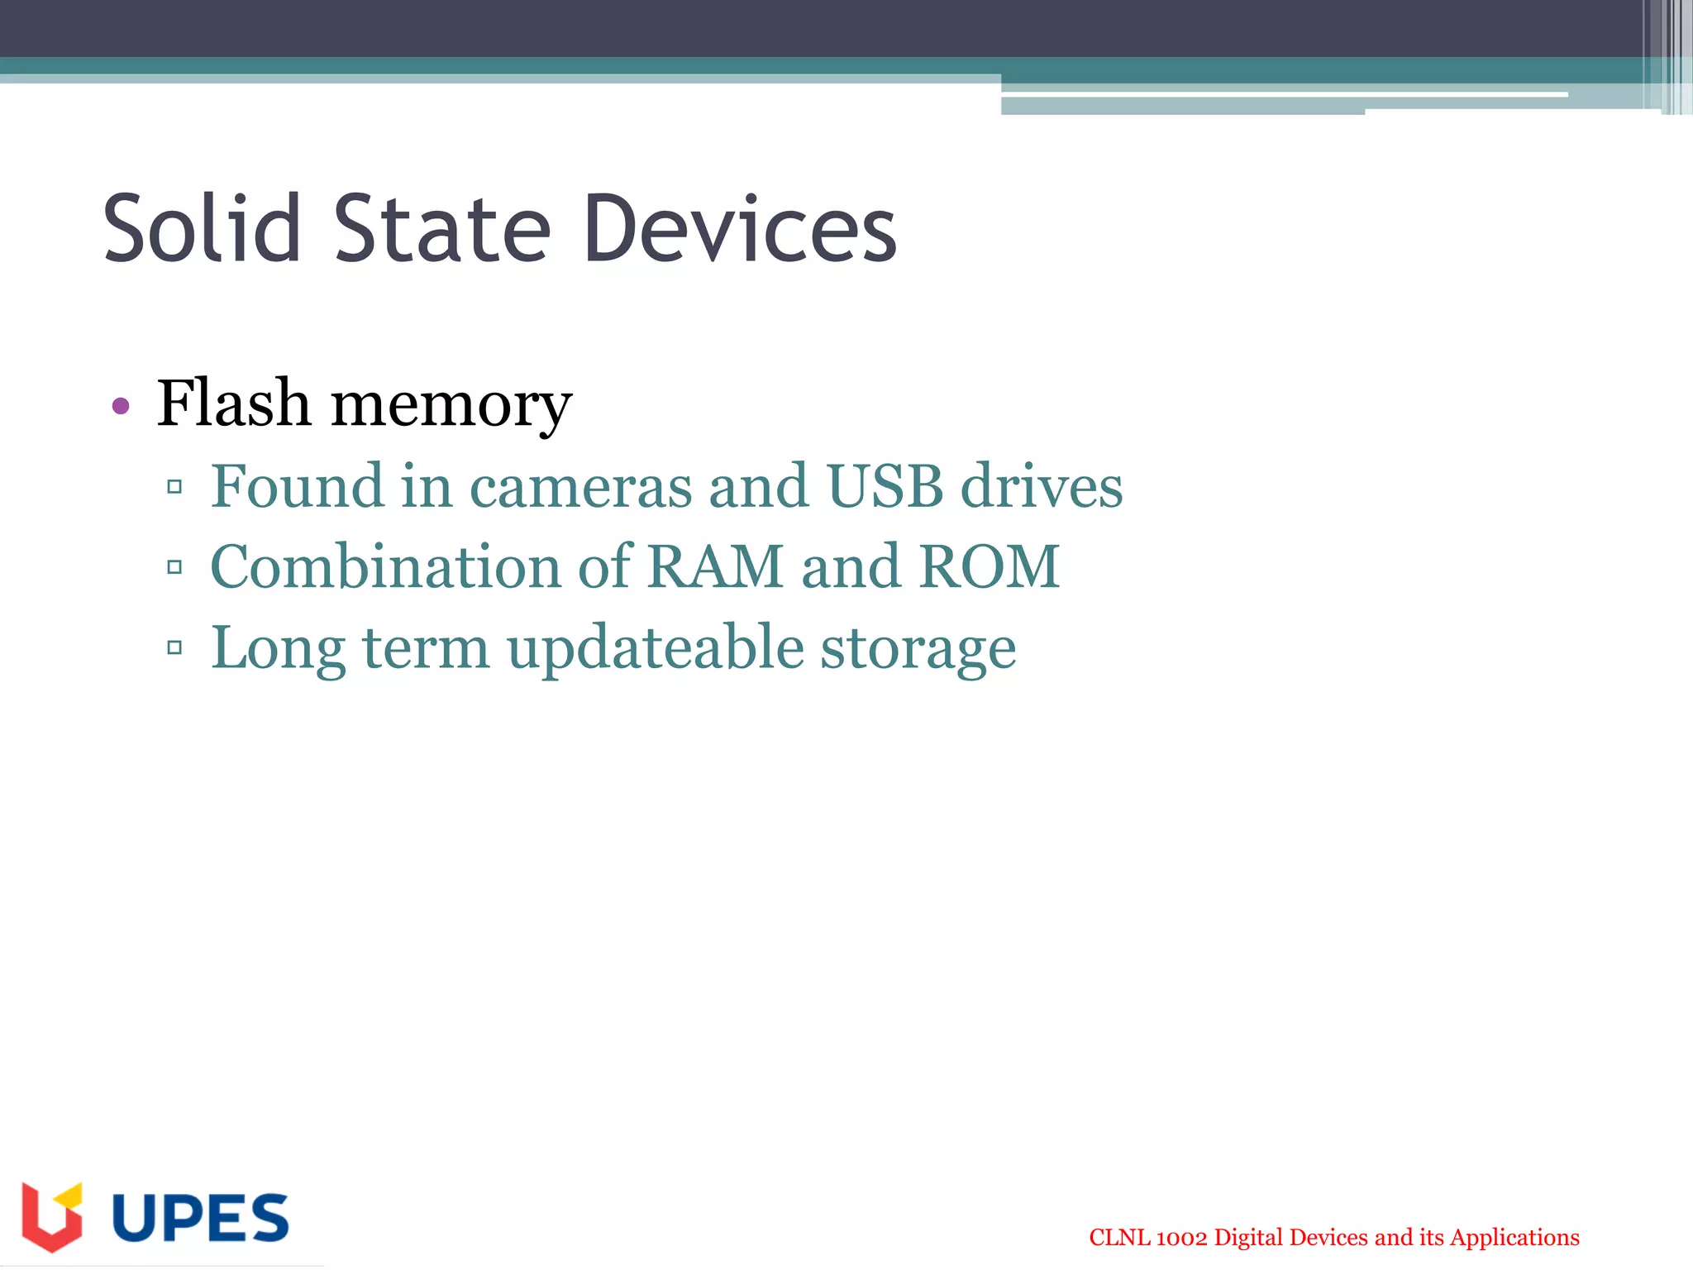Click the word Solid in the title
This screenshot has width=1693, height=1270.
point(202,228)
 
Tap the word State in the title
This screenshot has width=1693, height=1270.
point(442,228)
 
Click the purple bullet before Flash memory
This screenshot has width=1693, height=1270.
point(121,405)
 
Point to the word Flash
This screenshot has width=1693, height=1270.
point(234,403)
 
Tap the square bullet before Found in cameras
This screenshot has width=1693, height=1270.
point(174,486)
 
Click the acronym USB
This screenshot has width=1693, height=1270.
point(885,486)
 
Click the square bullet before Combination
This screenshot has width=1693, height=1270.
point(174,567)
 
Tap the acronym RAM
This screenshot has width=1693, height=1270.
point(715,566)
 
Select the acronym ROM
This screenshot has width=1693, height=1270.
point(990,566)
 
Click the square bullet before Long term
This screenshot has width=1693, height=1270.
point(174,647)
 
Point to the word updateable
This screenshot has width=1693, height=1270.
point(656,647)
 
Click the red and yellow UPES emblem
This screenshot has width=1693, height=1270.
point(52,1215)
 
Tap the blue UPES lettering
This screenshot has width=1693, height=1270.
point(200,1217)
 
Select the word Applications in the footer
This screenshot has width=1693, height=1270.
point(1514,1238)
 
